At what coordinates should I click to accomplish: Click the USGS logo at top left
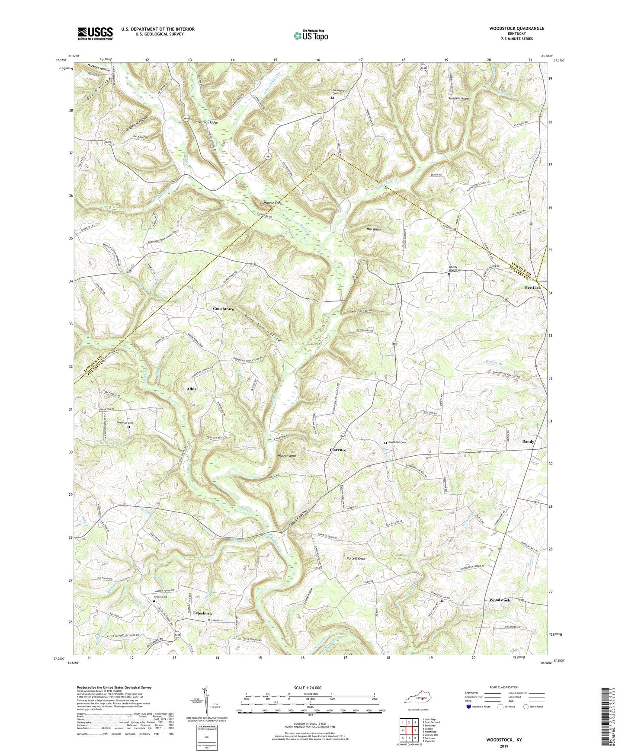tap(95, 33)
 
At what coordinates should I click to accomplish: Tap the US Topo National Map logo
tap(311, 35)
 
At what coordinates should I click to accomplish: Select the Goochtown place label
tap(224, 309)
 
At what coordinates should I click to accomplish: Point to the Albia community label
tap(192, 389)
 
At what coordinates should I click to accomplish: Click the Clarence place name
tap(338, 450)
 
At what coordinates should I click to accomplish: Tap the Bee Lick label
tap(533, 288)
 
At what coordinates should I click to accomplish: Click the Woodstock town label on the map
tap(500, 600)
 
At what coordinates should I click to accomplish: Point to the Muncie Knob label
tap(272, 203)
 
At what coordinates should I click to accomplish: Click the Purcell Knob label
tap(356, 559)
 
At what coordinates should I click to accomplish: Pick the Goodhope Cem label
tap(397, 442)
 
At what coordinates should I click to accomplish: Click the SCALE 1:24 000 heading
tap(307, 688)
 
